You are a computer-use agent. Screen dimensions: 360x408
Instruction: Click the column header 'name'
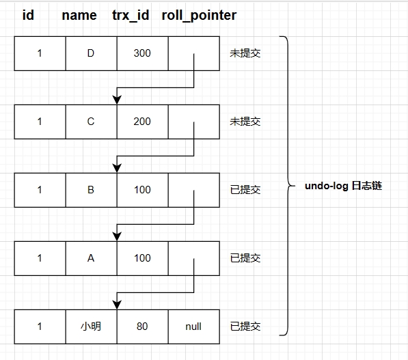(79, 15)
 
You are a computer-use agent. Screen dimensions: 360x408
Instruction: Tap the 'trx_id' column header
(131, 15)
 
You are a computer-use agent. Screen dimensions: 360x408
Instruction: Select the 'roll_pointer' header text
(199, 15)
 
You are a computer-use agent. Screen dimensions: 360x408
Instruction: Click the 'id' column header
(28, 15)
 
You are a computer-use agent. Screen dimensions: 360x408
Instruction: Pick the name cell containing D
(91, 53)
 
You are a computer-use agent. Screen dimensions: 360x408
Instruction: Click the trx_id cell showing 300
(142, 53)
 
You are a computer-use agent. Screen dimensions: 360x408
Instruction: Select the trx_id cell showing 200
(142, 122)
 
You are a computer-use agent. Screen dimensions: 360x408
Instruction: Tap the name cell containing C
(91, 122)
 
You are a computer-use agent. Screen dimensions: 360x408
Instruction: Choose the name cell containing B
(91, 190)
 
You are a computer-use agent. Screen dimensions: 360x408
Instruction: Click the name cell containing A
(91, 258)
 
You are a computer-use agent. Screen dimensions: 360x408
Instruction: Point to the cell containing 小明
(91, 327)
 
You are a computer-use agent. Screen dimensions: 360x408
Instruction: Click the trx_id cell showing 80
(142, 327)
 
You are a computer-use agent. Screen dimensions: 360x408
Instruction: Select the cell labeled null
(193, 327)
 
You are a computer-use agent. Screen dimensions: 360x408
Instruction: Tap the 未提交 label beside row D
(245, 53)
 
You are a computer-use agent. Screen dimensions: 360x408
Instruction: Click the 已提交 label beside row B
(245, 190)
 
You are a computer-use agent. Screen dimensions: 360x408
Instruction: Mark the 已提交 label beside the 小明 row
(245, 327)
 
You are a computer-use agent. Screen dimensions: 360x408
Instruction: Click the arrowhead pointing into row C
(117, 100)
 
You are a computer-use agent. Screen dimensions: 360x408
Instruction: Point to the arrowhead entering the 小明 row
(117, 305)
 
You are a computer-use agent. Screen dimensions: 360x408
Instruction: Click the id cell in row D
(40, 53)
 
